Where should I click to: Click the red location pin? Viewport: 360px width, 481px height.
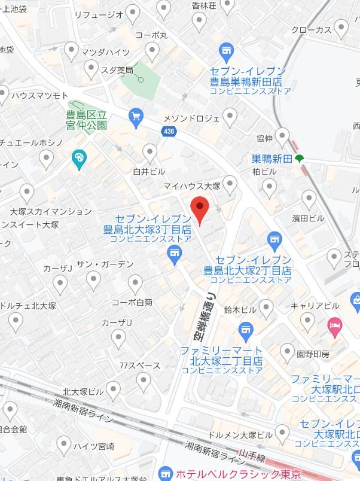pyautogui.click(x=200, y=210)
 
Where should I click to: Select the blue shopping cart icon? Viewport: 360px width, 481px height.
pyautogui.click(x=136, y=115)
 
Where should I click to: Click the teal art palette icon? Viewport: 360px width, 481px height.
pyautogui.click(x=78, y=159)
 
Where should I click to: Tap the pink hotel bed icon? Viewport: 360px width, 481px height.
pyautogui.click(x=334, y=325)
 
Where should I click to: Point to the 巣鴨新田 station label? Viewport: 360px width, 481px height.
pyautogui.click(x=271, y=159)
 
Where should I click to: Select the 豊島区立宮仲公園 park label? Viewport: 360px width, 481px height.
pyautogui.click(x=86, y=120)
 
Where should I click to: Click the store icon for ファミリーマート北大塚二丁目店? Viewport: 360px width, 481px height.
pyautogui.click(x=245, y=330)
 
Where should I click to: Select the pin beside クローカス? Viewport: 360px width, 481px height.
pyautogui.click(x=341, y=27)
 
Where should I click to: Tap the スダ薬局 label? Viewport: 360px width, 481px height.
pyautogui.click(x=117, y=71)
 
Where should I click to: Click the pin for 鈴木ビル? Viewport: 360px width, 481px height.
pyautogui.click(x=266, y=308)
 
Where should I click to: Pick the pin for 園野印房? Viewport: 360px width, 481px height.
pyautogui.click(x=288, y=352)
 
